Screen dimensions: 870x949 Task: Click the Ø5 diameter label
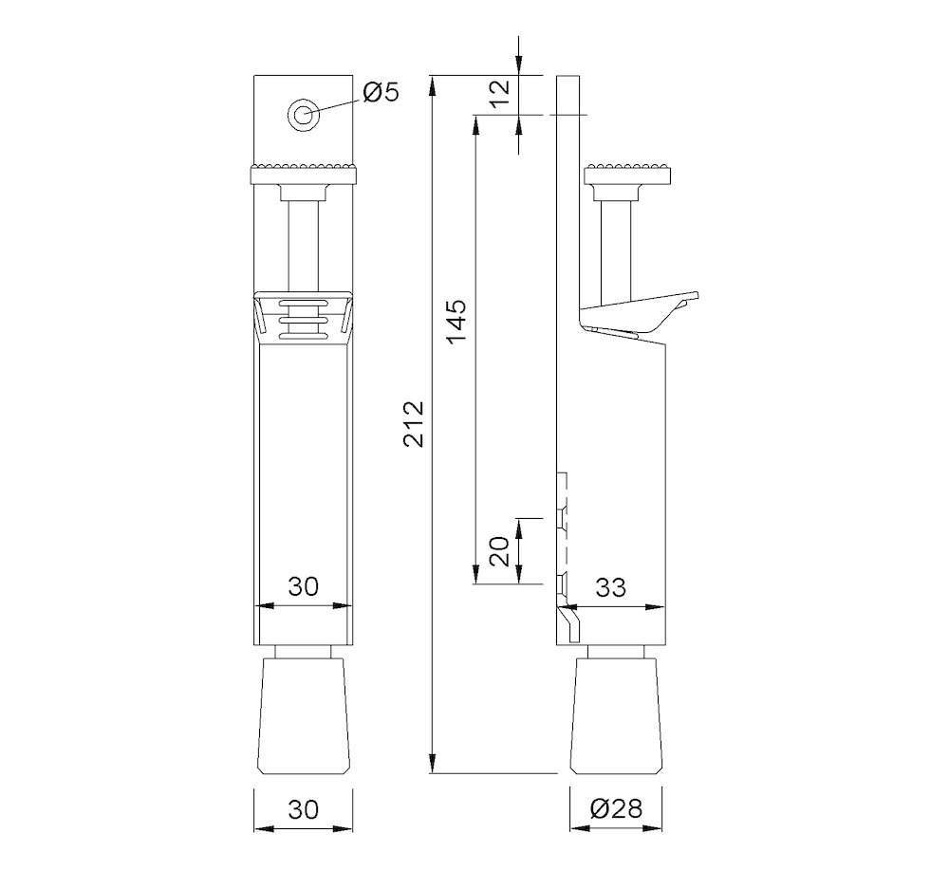pos(381,92)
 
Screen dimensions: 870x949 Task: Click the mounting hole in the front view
pos(304,115)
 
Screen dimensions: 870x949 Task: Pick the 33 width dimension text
pos(611,588)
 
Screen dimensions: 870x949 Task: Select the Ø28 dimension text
pos(616,808)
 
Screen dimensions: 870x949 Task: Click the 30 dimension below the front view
pos(303,808)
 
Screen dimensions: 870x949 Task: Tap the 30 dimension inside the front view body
pos(303,587)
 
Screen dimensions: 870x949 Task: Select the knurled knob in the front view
pos(304,174)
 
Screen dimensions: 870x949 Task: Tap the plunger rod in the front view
pos(304,237)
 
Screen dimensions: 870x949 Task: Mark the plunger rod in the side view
pos(618,242)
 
